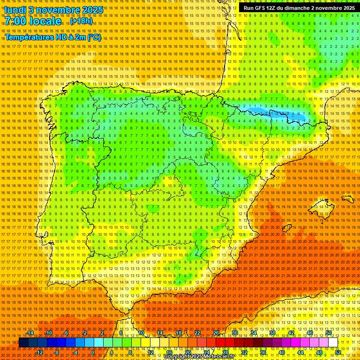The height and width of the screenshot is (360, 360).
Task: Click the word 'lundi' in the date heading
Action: pos(15,9)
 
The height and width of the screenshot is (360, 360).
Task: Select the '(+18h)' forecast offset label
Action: pos(81,22)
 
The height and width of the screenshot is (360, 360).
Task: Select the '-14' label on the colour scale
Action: pos(30,333)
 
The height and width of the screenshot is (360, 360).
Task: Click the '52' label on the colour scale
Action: pos(338,352)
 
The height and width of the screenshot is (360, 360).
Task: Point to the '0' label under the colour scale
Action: pos(93,352)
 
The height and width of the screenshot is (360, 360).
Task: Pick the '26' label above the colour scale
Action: pos(216,333)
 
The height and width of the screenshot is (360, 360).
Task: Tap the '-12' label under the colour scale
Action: pos(39,352)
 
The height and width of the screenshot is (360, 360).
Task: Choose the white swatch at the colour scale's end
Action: pos(333,343)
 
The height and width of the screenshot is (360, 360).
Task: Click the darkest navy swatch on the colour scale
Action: pos(23,343)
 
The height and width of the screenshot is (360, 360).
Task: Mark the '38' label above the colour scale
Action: pos(272,333)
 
